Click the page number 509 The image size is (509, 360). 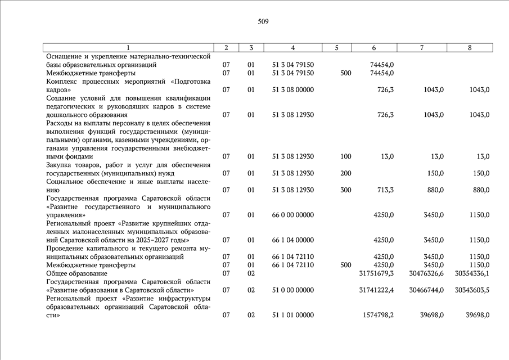[263, 22]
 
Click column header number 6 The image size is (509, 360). [374, 48]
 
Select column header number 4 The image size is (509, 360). [292, 48]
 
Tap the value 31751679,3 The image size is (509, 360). [376, 273]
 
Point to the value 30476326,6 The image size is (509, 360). [425, 273]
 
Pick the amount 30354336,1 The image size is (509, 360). [471, 273]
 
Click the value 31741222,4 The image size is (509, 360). [376, 290]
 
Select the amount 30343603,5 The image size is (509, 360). [471, 290]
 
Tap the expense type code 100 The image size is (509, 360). [346, 156]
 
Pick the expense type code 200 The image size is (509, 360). [346, 173]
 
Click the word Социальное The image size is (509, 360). [66, 182]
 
